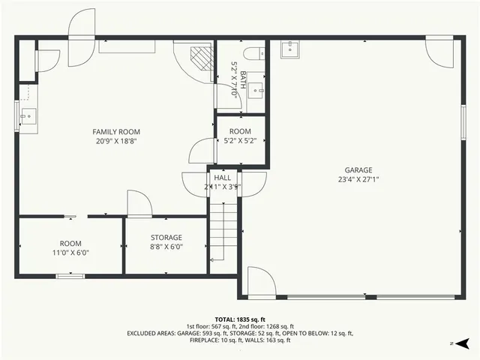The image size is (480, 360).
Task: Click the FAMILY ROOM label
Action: click(115, 132)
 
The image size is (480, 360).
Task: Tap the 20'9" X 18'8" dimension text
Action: click(115, 141)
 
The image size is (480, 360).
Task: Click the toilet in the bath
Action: click(256, 51)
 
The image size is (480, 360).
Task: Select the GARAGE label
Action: click(358, 170)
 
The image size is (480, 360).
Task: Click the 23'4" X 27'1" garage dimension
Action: click(358, 179)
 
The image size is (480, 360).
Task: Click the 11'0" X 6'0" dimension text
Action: click(70, 253)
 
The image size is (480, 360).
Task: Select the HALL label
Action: click(222, 178)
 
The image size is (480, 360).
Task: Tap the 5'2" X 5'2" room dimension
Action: click(240, 140)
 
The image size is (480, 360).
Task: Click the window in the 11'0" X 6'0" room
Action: click(70, 276)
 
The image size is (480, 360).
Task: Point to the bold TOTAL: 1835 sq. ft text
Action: click(240, 319)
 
